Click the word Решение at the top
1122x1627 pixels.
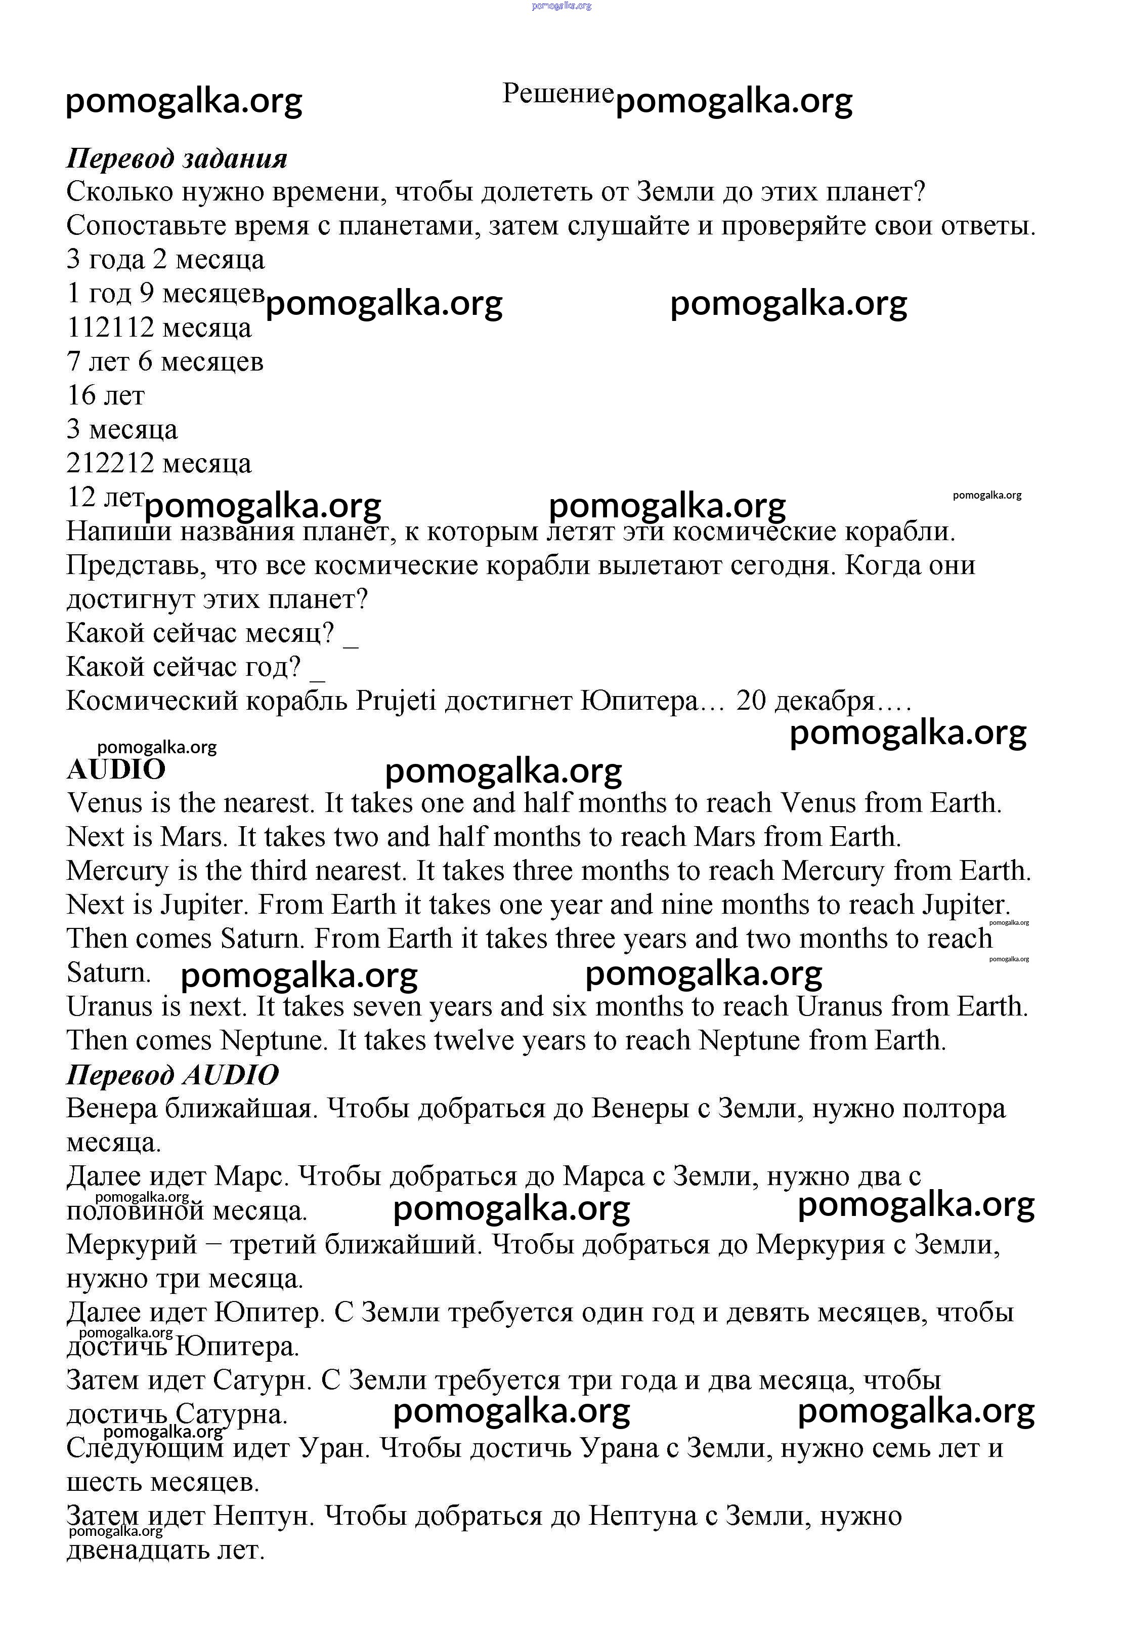click(x=557, y=94)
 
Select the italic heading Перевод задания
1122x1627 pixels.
click(x=177, y=159)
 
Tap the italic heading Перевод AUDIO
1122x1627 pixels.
click(x=172, y=1075)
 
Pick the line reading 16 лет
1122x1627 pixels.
click(x=105, y=396)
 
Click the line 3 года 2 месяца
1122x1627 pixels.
click(x=165, y=260)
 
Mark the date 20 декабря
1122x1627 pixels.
click(x=805, y=701)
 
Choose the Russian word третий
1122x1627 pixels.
click(x=274, y=1245)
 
